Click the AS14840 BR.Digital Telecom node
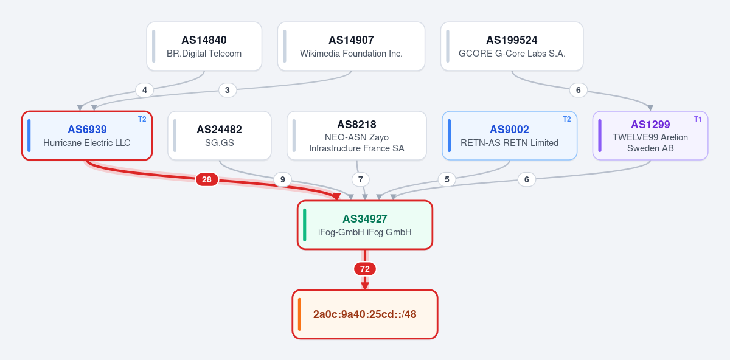204,46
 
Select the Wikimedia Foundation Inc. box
351,46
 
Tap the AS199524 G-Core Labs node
512,46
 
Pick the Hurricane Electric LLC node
87,136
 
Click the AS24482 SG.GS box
220,136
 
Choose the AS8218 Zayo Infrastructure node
356,136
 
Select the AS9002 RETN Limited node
509,136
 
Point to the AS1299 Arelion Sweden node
650,136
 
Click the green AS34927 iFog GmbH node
364,225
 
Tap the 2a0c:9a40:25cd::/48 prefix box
364,314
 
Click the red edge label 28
207,179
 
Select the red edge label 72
364,269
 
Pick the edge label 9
282,179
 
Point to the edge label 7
360,179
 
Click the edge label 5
447,179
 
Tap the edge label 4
144,90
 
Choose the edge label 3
228,90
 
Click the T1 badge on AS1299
698,119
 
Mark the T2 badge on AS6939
142,119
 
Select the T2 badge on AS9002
567,119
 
